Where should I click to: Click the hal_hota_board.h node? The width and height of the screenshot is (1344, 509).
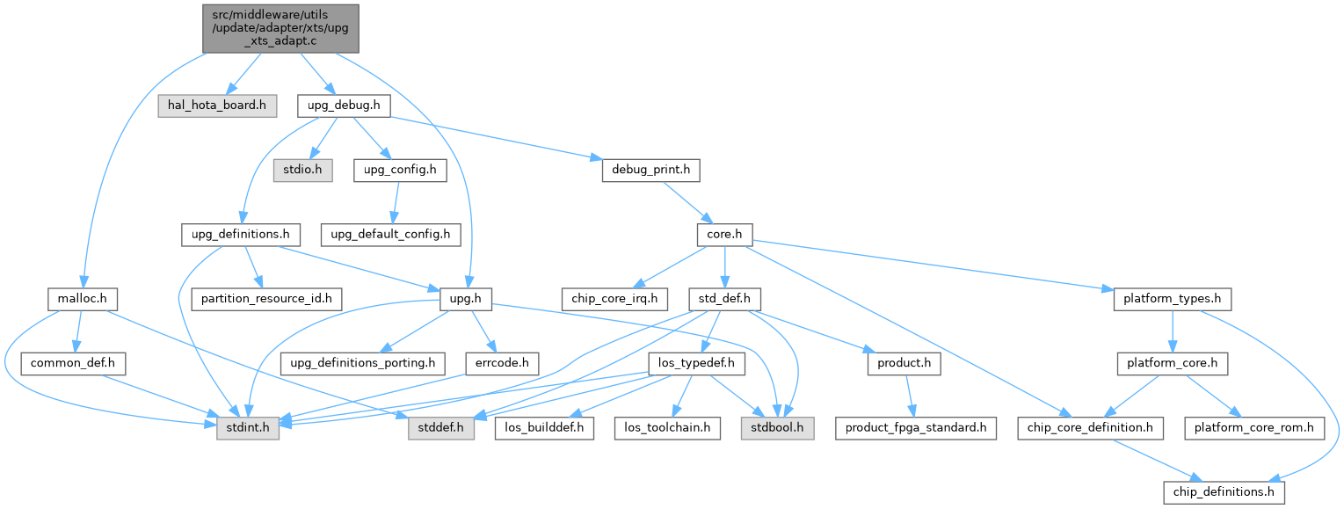pos(217,105)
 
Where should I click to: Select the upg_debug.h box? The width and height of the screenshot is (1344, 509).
pos(344,105)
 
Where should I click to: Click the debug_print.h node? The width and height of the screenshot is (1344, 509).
pos(650,171)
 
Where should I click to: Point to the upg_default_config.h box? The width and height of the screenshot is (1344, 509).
pos(390,235)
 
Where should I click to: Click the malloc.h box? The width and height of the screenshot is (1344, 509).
pos(77,299)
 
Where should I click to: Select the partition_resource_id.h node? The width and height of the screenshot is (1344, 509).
pos(266,299)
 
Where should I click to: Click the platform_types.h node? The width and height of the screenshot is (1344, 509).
pos(1172,299)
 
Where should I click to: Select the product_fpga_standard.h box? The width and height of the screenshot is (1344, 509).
pos(916,428)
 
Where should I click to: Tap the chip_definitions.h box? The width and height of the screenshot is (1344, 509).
pos(1224,492)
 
